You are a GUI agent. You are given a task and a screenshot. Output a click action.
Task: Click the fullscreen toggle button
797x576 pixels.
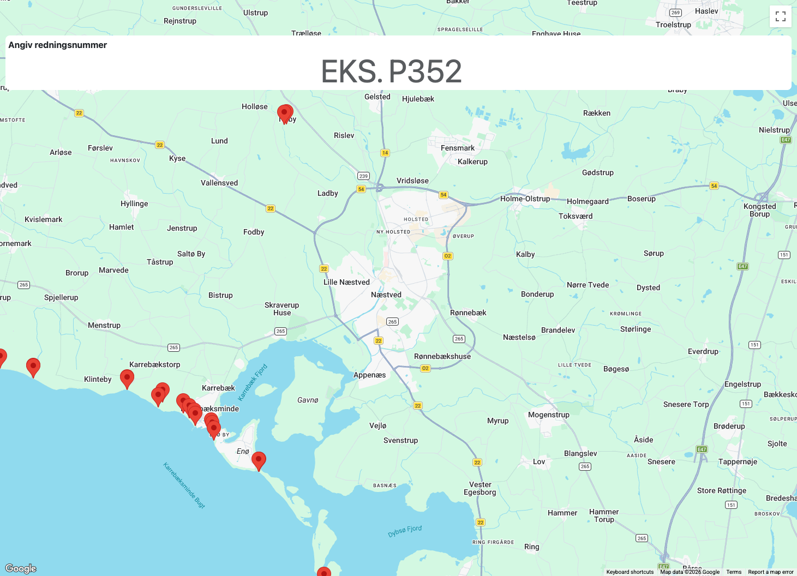(x=780, y=16)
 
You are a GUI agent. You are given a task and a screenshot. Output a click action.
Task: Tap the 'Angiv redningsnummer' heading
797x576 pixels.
(x=58, y=45)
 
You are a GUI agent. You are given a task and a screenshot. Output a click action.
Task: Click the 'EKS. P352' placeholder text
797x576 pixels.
(x=391, y=71)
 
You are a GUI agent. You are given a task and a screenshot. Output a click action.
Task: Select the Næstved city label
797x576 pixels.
(x=386, y=295)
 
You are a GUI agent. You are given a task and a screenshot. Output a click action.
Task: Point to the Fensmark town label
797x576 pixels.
(x=457, y=148)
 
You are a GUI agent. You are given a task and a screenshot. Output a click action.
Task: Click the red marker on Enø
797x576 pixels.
(x=259, y=460)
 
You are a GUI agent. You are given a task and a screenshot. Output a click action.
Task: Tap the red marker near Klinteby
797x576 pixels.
(x=127, y=377)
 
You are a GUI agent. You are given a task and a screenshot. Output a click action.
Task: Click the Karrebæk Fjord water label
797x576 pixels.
(x=253, y=382)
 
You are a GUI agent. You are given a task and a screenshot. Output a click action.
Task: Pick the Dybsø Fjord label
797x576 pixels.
(x=405, y=531)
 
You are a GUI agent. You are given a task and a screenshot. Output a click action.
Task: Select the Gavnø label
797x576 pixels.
(x=308, y=400)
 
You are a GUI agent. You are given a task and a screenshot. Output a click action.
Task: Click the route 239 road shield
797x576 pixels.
(x=363, y=176)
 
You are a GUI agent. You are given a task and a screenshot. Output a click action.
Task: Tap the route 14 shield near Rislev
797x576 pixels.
(x=385, y=153)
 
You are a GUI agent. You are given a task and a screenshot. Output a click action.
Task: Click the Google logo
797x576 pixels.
(x=21, y=568)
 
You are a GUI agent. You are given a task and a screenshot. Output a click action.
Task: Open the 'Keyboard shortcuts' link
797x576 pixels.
(x=630, y=572)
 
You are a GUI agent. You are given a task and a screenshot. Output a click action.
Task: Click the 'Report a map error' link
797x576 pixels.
(x=770, y=572)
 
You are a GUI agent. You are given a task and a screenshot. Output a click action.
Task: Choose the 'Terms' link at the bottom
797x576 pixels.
(x=734, y=572)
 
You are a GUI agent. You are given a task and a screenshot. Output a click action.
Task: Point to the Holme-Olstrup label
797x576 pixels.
(x=525, y=199)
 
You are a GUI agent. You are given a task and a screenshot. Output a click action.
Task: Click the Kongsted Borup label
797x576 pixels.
(x=759, y=210)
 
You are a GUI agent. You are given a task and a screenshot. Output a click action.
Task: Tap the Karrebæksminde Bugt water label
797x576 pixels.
(x=184, y=485)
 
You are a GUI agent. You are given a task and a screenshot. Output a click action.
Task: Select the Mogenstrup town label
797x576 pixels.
(x=548, y=415)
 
